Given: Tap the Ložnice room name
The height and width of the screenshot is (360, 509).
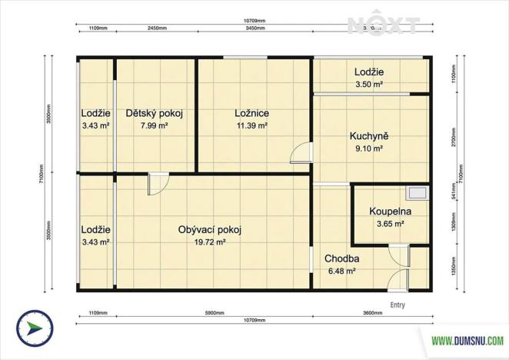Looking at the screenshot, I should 251,113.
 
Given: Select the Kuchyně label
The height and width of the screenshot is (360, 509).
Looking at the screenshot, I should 369,137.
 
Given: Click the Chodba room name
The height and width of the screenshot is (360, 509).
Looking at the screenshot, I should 342,258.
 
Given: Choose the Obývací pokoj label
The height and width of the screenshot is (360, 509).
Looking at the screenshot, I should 210,229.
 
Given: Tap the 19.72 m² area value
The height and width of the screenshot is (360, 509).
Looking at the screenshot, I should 210,242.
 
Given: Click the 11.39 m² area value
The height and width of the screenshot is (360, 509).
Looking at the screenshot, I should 251,125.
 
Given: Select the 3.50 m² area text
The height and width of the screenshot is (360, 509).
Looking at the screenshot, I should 369,85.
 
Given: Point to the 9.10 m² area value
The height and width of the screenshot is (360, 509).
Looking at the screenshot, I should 369,149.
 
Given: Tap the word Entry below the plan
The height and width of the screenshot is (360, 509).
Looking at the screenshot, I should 398,305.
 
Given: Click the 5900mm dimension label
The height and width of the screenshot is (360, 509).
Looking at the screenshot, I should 215,313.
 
